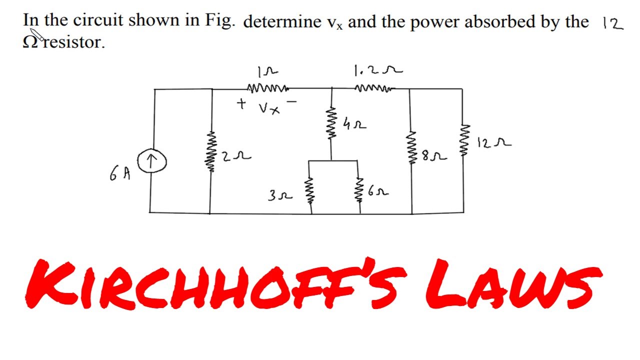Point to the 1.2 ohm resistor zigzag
point(374,89)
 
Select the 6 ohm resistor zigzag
point(358,189)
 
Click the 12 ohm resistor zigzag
point(462,140)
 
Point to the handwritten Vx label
point(269,107)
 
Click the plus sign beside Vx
point(242,104)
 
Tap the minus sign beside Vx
point(292,102)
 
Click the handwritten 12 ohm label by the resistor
point(493,143)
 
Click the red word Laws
point(510,285)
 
